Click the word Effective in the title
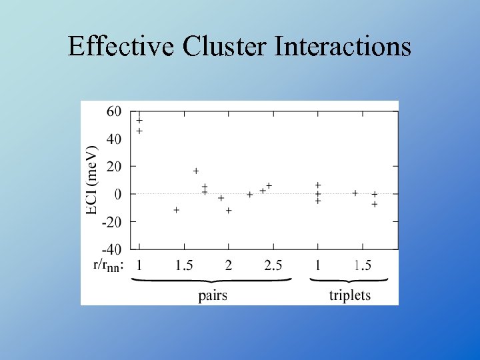click(x=120, y=47)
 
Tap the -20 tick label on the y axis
click(x=111, y=221)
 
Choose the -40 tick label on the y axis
click(x=111, y=249)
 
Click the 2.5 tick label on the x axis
click(x=273, y=265)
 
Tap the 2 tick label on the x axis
click(x=229, y=265)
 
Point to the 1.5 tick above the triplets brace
click(x=363, y=265)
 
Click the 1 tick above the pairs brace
click(x=139, y=265)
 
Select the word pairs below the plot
click(x=213, y=295)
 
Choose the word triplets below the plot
click(x=350, y=295)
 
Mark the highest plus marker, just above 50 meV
click(x=139, y=121)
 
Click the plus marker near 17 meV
click(x=196, y=171)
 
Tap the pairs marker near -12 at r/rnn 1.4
click(x=177, y=210)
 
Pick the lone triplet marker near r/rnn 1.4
click(x=355, y=193)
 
